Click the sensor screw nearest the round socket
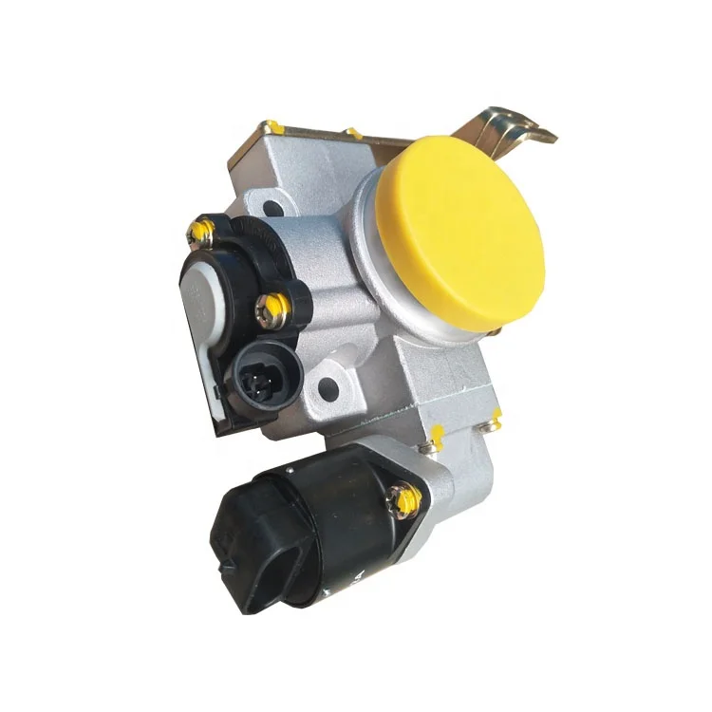[x=274, y=306]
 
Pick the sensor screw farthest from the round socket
[x=200, y=230]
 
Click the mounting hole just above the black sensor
[x=272, y=206]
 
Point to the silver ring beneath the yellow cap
[x=380, y=285]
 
